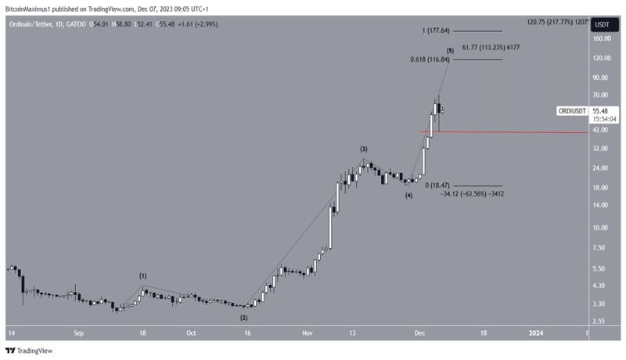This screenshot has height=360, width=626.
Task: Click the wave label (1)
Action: click(x=143, y=275)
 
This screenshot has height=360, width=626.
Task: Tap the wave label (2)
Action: click(x=243, y=318)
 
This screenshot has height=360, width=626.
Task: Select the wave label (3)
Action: click(x=364, y=148)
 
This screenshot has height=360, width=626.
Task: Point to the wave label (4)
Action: click(x=408, y=196)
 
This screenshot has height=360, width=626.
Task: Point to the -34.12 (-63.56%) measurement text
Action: click(x=471, y=193)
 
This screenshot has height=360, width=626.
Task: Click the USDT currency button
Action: click(x=601, y=23)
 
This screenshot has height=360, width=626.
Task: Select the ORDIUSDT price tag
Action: click(x=572, y=111)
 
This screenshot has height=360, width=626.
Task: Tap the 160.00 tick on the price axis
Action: click(x=602, y=38)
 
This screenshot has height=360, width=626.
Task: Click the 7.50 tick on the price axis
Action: click(x=599, y=247)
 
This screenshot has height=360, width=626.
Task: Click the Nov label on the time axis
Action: click(x=308, y=332)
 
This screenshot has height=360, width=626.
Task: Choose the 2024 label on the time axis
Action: click(x=535, y=332)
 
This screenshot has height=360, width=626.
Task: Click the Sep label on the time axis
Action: click(x=78, y=332)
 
